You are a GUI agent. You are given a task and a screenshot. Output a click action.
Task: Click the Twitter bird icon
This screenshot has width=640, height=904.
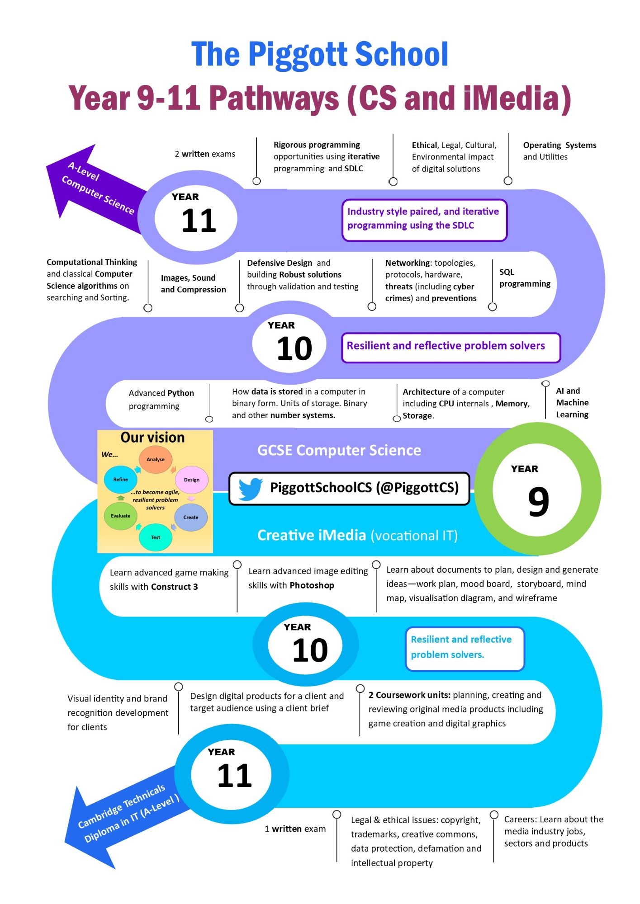click(251, 489)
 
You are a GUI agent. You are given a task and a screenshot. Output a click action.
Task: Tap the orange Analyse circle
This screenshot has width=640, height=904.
click(156, 459)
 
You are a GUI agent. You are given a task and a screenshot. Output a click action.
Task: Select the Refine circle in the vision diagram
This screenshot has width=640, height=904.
click(120, 480)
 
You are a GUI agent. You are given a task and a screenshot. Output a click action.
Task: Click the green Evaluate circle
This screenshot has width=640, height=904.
click(120, 516)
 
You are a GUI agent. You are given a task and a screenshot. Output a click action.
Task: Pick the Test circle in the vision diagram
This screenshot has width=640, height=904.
click(156, 537)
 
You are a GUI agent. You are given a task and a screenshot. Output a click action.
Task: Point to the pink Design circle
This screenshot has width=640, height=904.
click(192, 480)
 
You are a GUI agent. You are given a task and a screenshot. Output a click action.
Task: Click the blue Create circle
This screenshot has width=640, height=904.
click(191, 517)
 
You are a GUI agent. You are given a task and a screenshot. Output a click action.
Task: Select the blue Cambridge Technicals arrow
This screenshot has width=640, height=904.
click(127, 818)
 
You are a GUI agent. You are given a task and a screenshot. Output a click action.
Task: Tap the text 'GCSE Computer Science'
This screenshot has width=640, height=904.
click(339, 450)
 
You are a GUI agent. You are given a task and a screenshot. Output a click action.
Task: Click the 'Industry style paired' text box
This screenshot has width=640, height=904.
click(424, 220)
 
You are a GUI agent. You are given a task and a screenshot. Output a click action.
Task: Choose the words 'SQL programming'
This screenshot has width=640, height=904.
click(525, 278)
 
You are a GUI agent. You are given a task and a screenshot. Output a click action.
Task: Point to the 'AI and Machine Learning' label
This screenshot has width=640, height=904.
click(572, 403)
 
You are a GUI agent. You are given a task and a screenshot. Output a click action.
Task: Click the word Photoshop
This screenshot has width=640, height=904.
click(313, 585)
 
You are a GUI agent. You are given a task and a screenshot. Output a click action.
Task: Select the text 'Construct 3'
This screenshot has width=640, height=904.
click(175, 587)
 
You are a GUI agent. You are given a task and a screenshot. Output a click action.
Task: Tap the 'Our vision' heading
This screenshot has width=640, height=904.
click(152, 438)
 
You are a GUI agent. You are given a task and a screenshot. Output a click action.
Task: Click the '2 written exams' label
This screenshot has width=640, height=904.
click(205, 154)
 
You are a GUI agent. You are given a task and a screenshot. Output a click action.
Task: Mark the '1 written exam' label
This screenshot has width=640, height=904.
click(295, 829)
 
